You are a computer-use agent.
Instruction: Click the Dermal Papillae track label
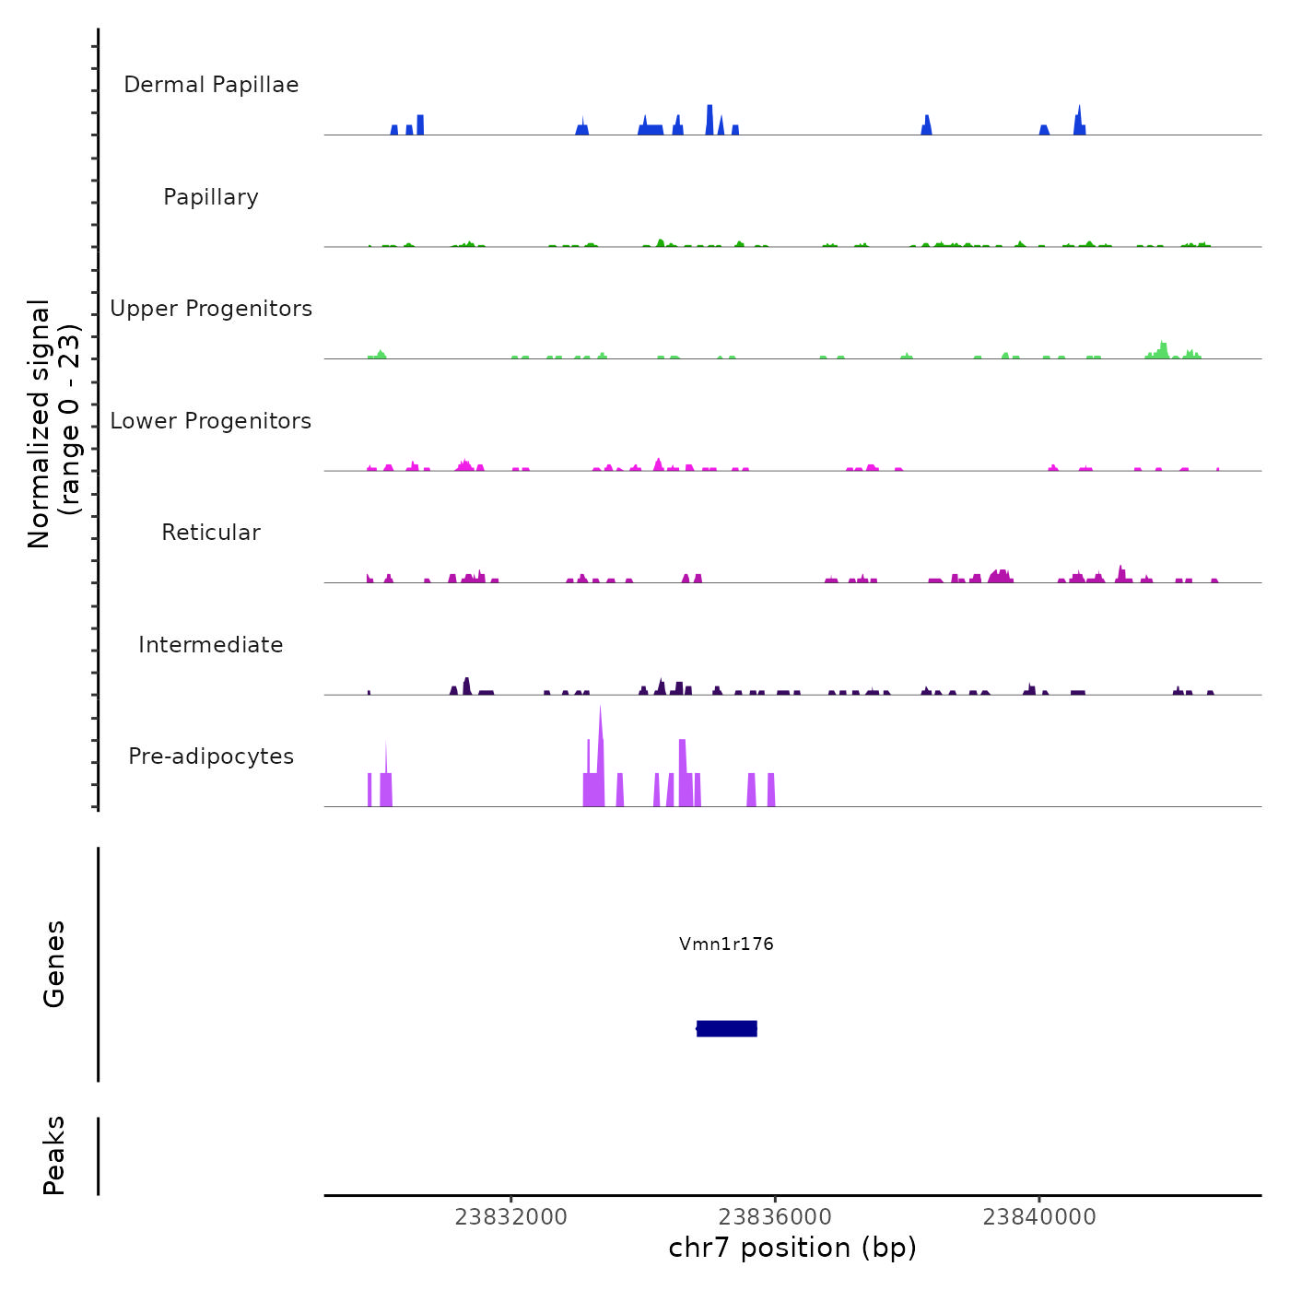[x=211, y=85]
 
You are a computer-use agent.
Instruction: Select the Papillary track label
[x=211, y=197]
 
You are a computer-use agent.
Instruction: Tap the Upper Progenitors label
[x=211, y=309]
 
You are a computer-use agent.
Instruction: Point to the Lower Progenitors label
[x=211, y=421]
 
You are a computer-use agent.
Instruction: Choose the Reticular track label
[x=211, y=533]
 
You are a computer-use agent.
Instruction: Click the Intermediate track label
[x=211, y=645]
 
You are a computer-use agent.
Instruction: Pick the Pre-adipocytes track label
[x=211, y=756]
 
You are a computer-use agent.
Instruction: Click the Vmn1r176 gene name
[x=726, y=944]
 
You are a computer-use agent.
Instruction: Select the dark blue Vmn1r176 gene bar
[x=727, y=1028]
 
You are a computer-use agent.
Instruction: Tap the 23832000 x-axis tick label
[x=511, y=1217]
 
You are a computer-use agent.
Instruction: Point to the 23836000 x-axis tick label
[x=775, y=1217]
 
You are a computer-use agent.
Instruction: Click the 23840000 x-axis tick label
[x=1039, y=1217]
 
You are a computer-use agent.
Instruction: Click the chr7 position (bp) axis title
[x=792, y=1248]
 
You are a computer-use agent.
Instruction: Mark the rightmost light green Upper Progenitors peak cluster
[x=1163, y=350]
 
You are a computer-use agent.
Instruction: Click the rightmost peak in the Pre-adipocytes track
[x=771, y=791]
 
